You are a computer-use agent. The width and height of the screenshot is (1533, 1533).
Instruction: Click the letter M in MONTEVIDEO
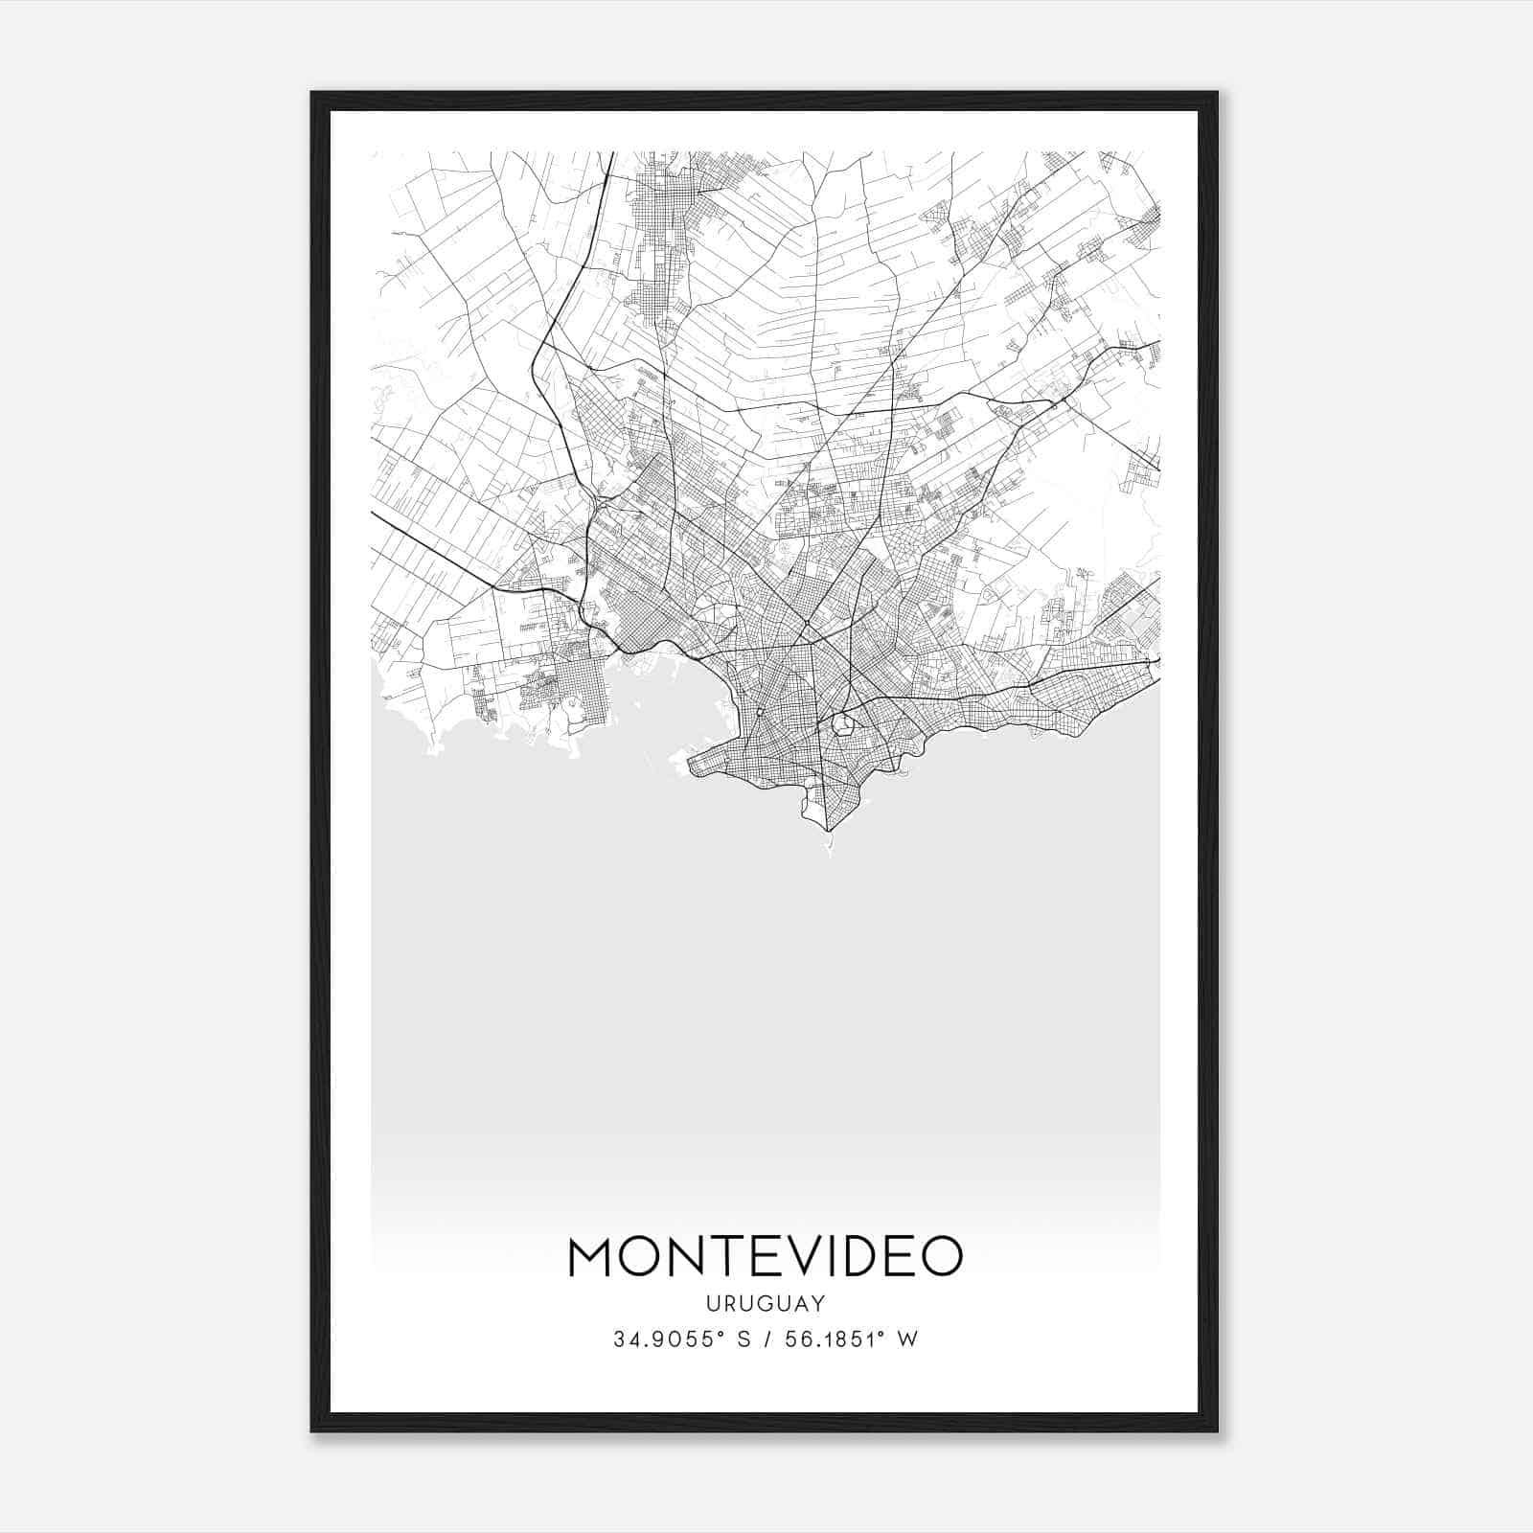point(594,1257)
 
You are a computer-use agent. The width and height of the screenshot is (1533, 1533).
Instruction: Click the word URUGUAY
point(766,1303)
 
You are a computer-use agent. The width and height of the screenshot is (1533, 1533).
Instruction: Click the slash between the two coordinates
point(764,1339)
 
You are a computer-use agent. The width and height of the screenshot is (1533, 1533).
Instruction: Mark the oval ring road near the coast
point(842,723)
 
